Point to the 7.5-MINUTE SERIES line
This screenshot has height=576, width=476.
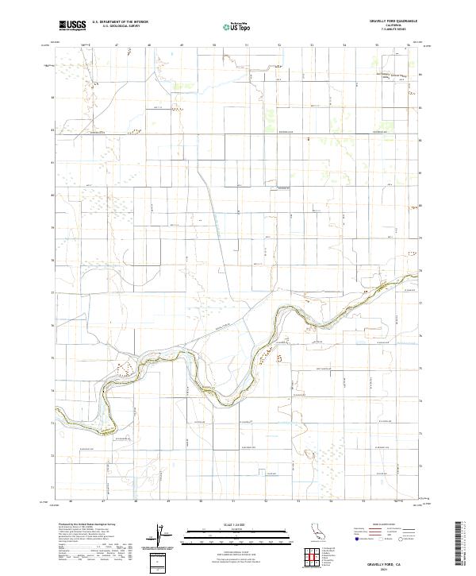pos(389,31)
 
